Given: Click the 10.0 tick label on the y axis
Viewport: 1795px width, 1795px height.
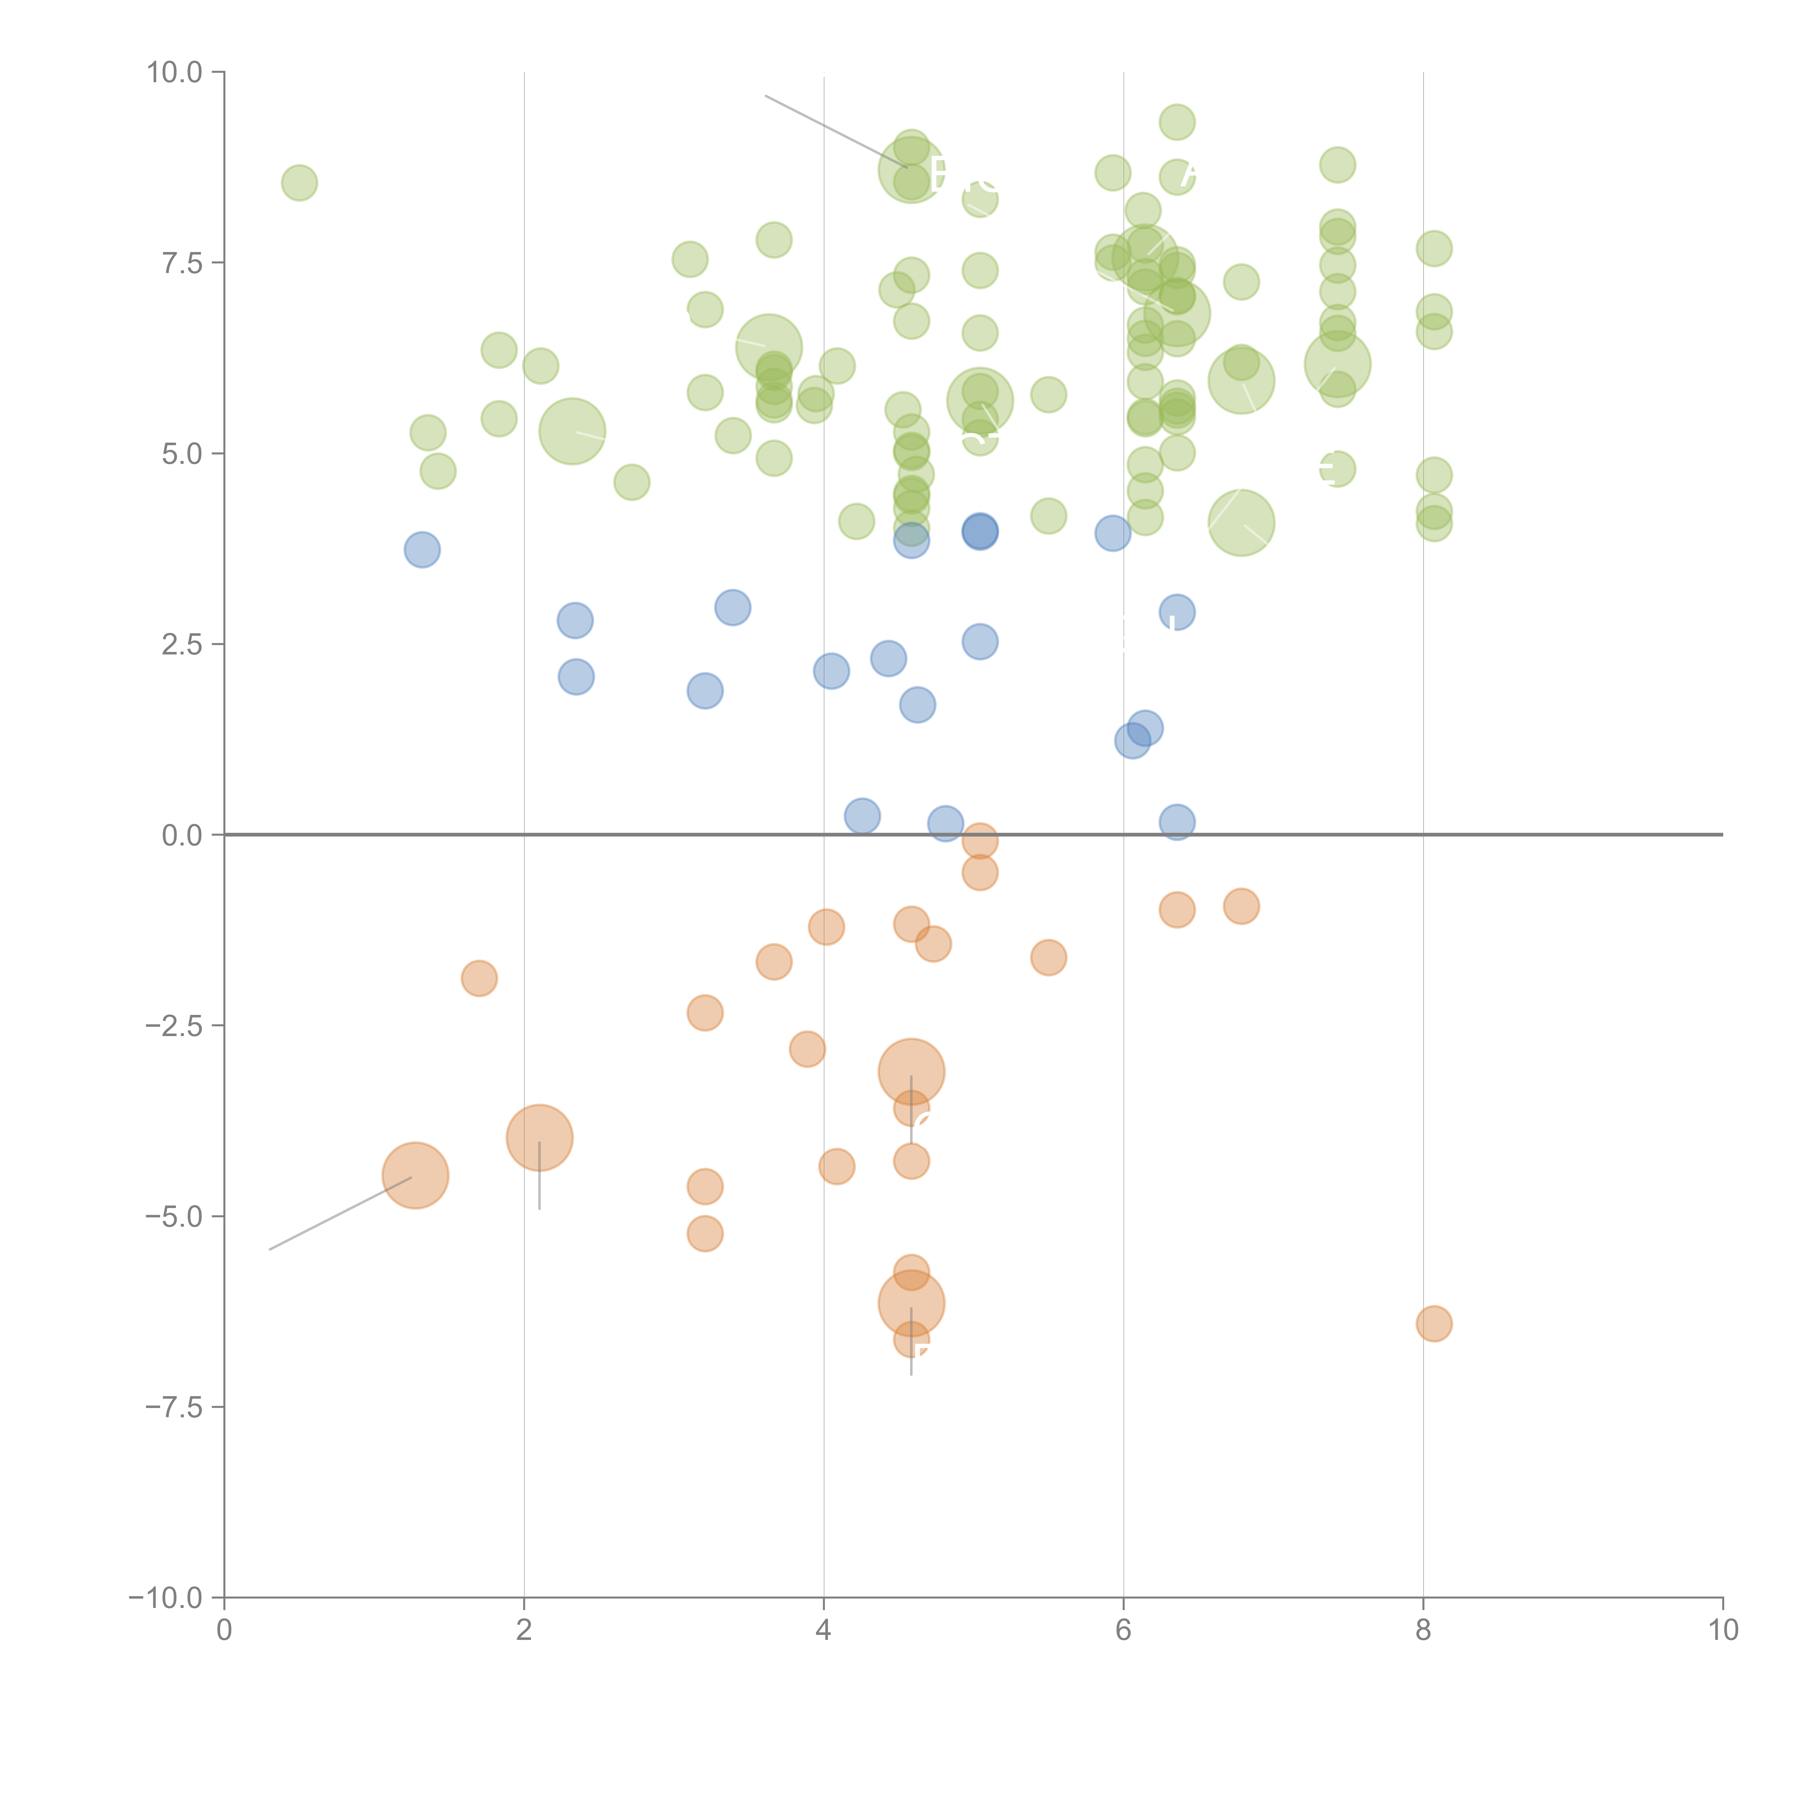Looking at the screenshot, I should tap(174, 73).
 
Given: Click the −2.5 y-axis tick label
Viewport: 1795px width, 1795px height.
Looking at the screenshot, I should tap(174, 1026).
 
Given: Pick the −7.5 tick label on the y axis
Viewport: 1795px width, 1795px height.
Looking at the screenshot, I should tap(174, 1408).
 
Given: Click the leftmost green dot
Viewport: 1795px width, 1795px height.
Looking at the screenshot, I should tap(299, 183).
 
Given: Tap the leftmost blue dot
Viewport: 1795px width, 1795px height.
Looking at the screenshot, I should tap(422, 550).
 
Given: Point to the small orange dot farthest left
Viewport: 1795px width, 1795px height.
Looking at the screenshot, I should tap(479, 978).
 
